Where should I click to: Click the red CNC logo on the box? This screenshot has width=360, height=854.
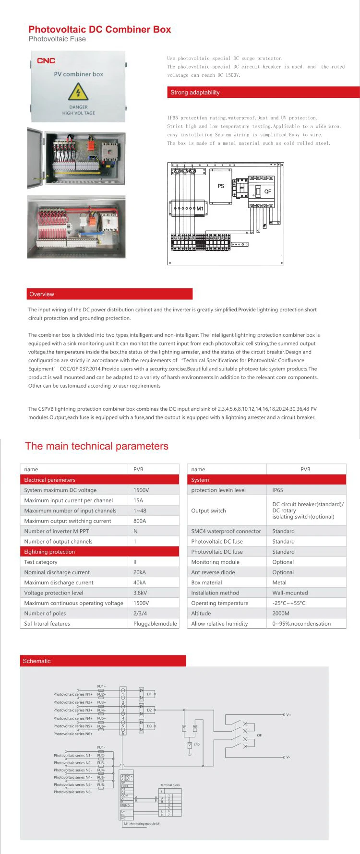pyautogui.click(x=46, y=61)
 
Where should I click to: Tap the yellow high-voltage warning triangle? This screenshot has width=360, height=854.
pyautogui.click(x=78, y=92)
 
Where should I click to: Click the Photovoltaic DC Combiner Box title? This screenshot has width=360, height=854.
pyautogui.click(x=99, y=29)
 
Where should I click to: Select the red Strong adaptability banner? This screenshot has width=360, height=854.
pyautogui.click(x=263, y=93)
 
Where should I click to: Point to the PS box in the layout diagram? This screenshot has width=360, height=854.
pyautogui.click(x=221, y=186)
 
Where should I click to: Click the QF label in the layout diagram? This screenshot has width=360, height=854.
pyautogui.click(x=267, y=191)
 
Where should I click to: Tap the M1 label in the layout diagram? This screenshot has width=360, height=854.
pyautogui.click(x=200, y=209)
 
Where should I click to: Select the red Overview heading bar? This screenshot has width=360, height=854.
pyautogui.click(x=109, y=294)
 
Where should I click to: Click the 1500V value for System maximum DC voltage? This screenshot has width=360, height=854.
pyautogui.click(x=141, y=490)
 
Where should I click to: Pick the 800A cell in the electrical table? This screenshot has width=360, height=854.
pyautogui.click(x=140, y=521)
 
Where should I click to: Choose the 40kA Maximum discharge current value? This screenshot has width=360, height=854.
pyautogui.click(x=140, y=582)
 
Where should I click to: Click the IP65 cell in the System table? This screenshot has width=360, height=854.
pyautogui.click(x=277, y=490)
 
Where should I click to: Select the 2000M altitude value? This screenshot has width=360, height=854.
pyautogui.click(x=281, y=614)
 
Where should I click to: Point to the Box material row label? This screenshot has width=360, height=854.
pyautogui.click(x=206, y=582)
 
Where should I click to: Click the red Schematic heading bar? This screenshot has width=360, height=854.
pyautogui.click(x=103, y=661)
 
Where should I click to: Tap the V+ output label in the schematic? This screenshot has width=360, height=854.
pyautogui.click(x=288, y=715)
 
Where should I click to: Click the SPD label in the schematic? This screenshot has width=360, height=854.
pyautogui.click(x=196, y=745)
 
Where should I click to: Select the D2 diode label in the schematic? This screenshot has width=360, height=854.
pyautogui.click(x=149, y=710)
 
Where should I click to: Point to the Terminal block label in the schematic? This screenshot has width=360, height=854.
pyautogui.click(x=170, y=785)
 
